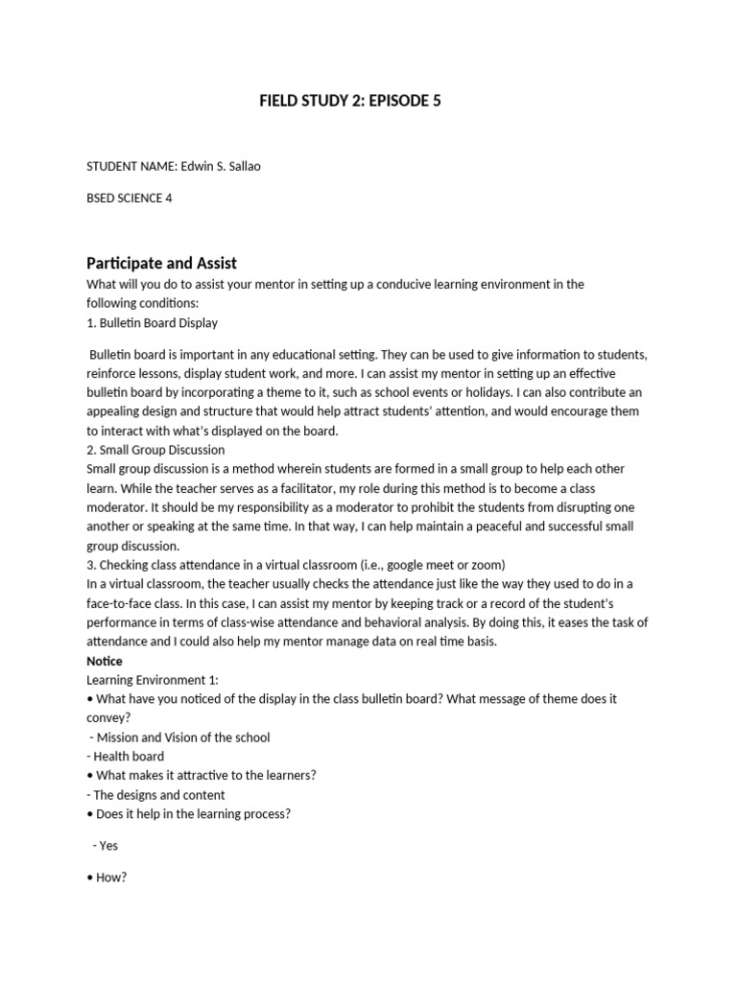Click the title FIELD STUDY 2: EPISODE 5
coord(350,100)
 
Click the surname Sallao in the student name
coord(240,166)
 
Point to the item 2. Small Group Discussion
coord(155,450)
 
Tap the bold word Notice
coord(105,661)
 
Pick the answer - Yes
coord(106,846)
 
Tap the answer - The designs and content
coord(155,795)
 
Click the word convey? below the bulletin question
coord(107,718)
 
